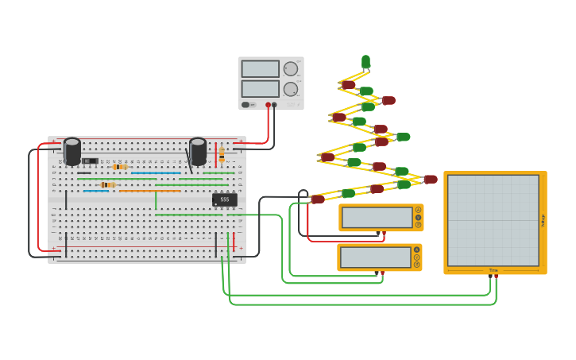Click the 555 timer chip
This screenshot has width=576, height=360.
(225, 199)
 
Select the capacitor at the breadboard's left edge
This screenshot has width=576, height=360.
(72, 151)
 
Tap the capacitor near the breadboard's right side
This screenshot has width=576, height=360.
(198, 151)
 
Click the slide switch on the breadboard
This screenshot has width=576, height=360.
(89, 161)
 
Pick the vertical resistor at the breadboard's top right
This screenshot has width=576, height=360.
(222, 153)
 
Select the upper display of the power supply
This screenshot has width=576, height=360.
(261, 69)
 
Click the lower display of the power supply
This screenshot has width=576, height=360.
(261, 88)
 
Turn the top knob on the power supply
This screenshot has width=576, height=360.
(291, 69)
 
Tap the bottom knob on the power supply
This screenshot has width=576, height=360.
(291, 89)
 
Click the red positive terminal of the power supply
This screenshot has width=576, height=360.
(268, 105)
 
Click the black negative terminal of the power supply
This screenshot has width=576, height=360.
(274, 105)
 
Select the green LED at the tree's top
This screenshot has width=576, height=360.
(365, 61)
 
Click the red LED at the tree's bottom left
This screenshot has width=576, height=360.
(318, 199)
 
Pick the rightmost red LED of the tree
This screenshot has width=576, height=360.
(430, 180)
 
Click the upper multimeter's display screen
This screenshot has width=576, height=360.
(377, 217)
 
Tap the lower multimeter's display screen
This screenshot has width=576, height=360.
(375, 257)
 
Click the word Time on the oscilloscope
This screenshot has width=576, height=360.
(493, 270)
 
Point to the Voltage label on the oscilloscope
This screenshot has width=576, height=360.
(543, 221)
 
